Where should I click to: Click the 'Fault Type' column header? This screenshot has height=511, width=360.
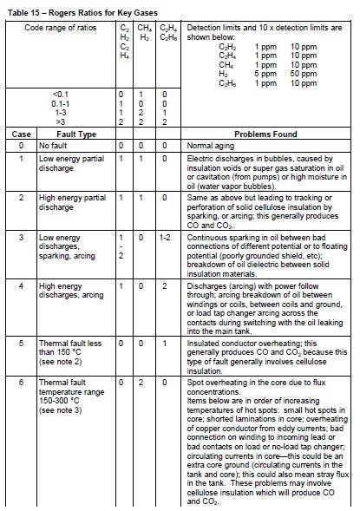(x=66, y=134)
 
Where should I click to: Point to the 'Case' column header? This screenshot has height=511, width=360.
(x=19, y=134)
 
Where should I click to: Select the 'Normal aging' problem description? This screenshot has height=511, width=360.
(x=213, y=147)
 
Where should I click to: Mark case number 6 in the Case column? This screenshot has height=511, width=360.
(x=19, y=381)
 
